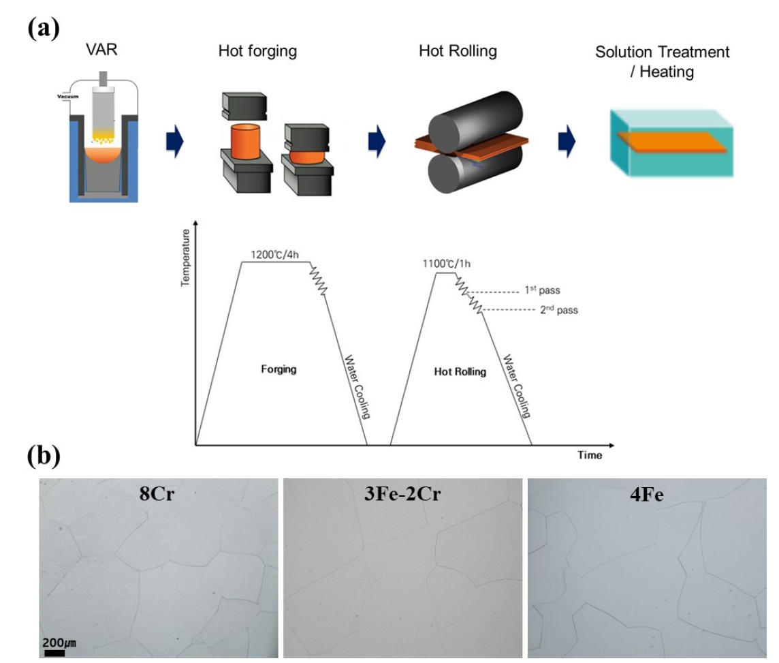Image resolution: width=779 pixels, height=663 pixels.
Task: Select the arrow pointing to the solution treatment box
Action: [567, 141]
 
